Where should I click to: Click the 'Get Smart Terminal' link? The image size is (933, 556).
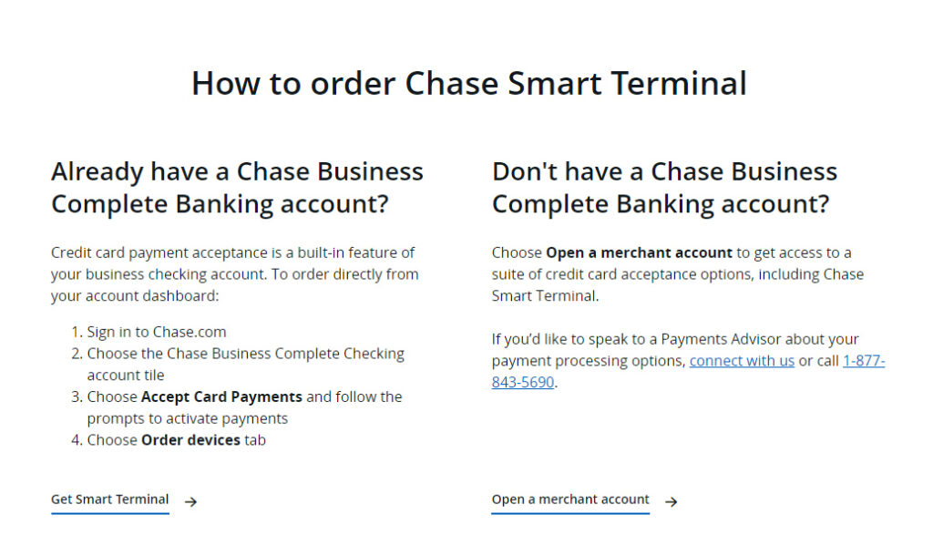[x=109, y=499]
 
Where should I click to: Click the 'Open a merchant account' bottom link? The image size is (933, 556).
[x=570, y=499]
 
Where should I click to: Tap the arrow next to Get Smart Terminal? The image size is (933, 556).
[x=190, y=500]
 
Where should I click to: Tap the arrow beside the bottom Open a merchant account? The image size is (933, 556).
[x=671, y=500]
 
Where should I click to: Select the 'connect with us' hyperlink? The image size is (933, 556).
[x=742, y=361]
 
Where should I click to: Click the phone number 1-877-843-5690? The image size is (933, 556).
[x=863, y=361]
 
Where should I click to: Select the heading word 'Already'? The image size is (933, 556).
[x=97, y=171]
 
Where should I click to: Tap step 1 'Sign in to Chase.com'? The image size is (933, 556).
[x=157, y=332]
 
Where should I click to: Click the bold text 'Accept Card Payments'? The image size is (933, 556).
[x=221, y=397]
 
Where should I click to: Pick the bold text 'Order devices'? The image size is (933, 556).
[x=190, y=440]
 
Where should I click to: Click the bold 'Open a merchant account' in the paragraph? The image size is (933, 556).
[x=639, y=252]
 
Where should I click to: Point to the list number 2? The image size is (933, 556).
[x=76, y=354]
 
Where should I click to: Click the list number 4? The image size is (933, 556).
[x=76, y=440]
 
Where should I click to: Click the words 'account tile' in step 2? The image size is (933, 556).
[x=126, y=376]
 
